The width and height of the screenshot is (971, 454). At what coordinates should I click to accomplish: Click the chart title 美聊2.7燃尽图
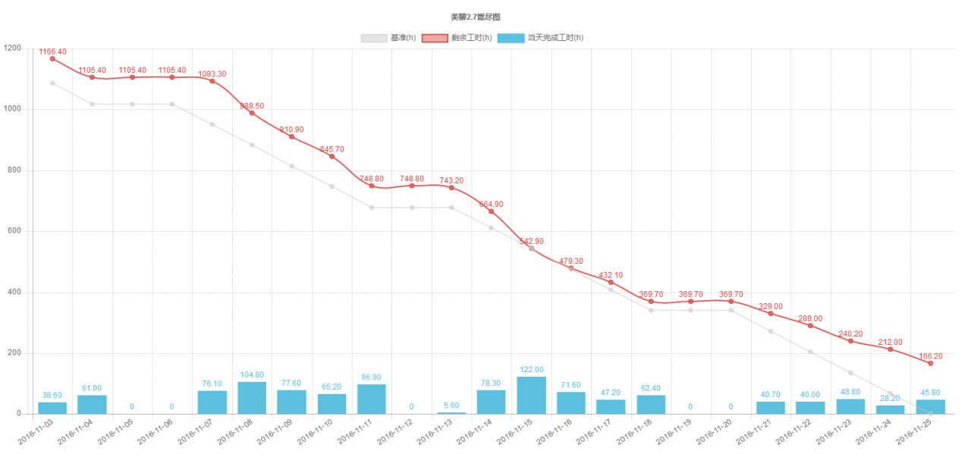475,17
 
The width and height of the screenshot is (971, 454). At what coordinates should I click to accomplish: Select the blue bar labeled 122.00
531,395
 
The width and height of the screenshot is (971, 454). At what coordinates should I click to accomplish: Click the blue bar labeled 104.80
252,398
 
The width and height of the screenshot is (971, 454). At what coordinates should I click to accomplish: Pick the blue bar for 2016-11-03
52,408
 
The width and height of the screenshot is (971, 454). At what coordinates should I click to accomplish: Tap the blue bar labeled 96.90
372,399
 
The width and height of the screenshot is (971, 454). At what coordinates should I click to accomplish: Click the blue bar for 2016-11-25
930,407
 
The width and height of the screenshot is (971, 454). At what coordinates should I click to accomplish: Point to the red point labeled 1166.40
52,58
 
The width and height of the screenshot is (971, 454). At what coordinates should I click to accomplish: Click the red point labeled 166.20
930,363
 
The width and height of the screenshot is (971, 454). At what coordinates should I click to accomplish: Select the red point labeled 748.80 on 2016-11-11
372,186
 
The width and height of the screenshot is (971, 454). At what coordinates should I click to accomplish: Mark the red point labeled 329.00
771,313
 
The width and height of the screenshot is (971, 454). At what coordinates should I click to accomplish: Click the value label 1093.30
212,74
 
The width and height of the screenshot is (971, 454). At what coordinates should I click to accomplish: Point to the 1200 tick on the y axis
12,49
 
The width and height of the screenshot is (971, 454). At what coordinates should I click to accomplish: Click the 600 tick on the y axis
14,231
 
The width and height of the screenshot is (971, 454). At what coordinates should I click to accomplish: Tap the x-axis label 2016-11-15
517,433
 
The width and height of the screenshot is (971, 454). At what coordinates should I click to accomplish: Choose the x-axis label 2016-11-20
716,433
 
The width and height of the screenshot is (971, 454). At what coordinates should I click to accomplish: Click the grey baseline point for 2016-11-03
52,83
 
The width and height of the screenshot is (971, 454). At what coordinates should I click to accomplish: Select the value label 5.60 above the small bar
451,405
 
